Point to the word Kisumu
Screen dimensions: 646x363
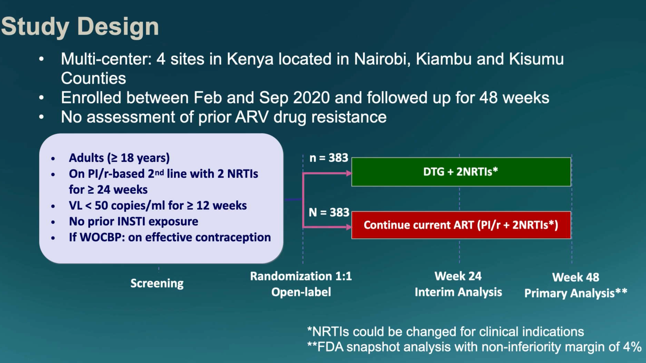point(536,59)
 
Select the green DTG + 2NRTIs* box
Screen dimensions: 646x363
point(461,172)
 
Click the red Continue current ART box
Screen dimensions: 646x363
point(461,225)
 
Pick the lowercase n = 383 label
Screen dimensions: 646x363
point(329,158)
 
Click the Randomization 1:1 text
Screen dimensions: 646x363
point(301,276)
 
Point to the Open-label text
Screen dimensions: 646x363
point(301,292)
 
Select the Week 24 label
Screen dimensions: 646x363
point(458,276)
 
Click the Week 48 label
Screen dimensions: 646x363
point(575,277)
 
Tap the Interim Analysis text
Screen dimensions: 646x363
point(458,292)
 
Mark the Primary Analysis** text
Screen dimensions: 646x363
point(575,293)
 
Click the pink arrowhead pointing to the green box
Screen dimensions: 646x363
point(349,173)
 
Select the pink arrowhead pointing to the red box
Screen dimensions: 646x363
point(349,227)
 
